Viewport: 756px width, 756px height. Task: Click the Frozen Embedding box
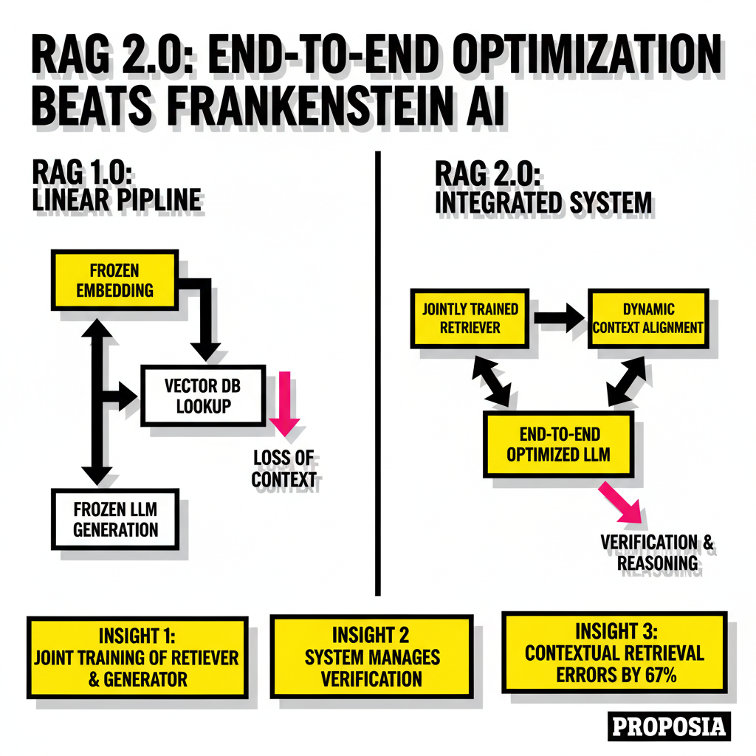pos(114,280)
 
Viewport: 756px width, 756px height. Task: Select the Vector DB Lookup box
pos(203,396)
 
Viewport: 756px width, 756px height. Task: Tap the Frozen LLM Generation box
pos(115,519)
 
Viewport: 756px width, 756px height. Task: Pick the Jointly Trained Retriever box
pos(470,318)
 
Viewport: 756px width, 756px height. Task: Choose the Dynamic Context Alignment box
pos(648,318)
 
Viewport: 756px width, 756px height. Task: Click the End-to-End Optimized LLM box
pos(558,444)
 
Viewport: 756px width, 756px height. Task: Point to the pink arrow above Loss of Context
pos(284,403)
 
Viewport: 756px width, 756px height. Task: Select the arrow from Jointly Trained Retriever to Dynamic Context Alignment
pos(559,317)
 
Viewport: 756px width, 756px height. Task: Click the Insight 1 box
pos(137,657)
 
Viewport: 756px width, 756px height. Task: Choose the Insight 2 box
pos(372,656)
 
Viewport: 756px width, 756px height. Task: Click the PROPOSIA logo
pos(669,726)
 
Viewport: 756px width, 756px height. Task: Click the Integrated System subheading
pos(543,202)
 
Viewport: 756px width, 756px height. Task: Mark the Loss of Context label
pos(283,469)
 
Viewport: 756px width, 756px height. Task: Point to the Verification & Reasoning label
pos(656,552)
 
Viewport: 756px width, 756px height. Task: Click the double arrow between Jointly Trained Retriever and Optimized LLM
pos(491,382)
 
